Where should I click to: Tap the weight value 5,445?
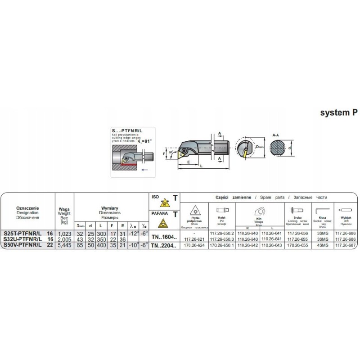64,246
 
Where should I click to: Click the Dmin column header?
81,226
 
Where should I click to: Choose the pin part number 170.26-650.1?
222,246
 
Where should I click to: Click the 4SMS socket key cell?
323,246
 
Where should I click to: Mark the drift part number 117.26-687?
346,246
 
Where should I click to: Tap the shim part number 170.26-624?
195,246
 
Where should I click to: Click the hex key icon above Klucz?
322,210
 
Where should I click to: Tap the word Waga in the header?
64,209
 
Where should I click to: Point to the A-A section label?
277,135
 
